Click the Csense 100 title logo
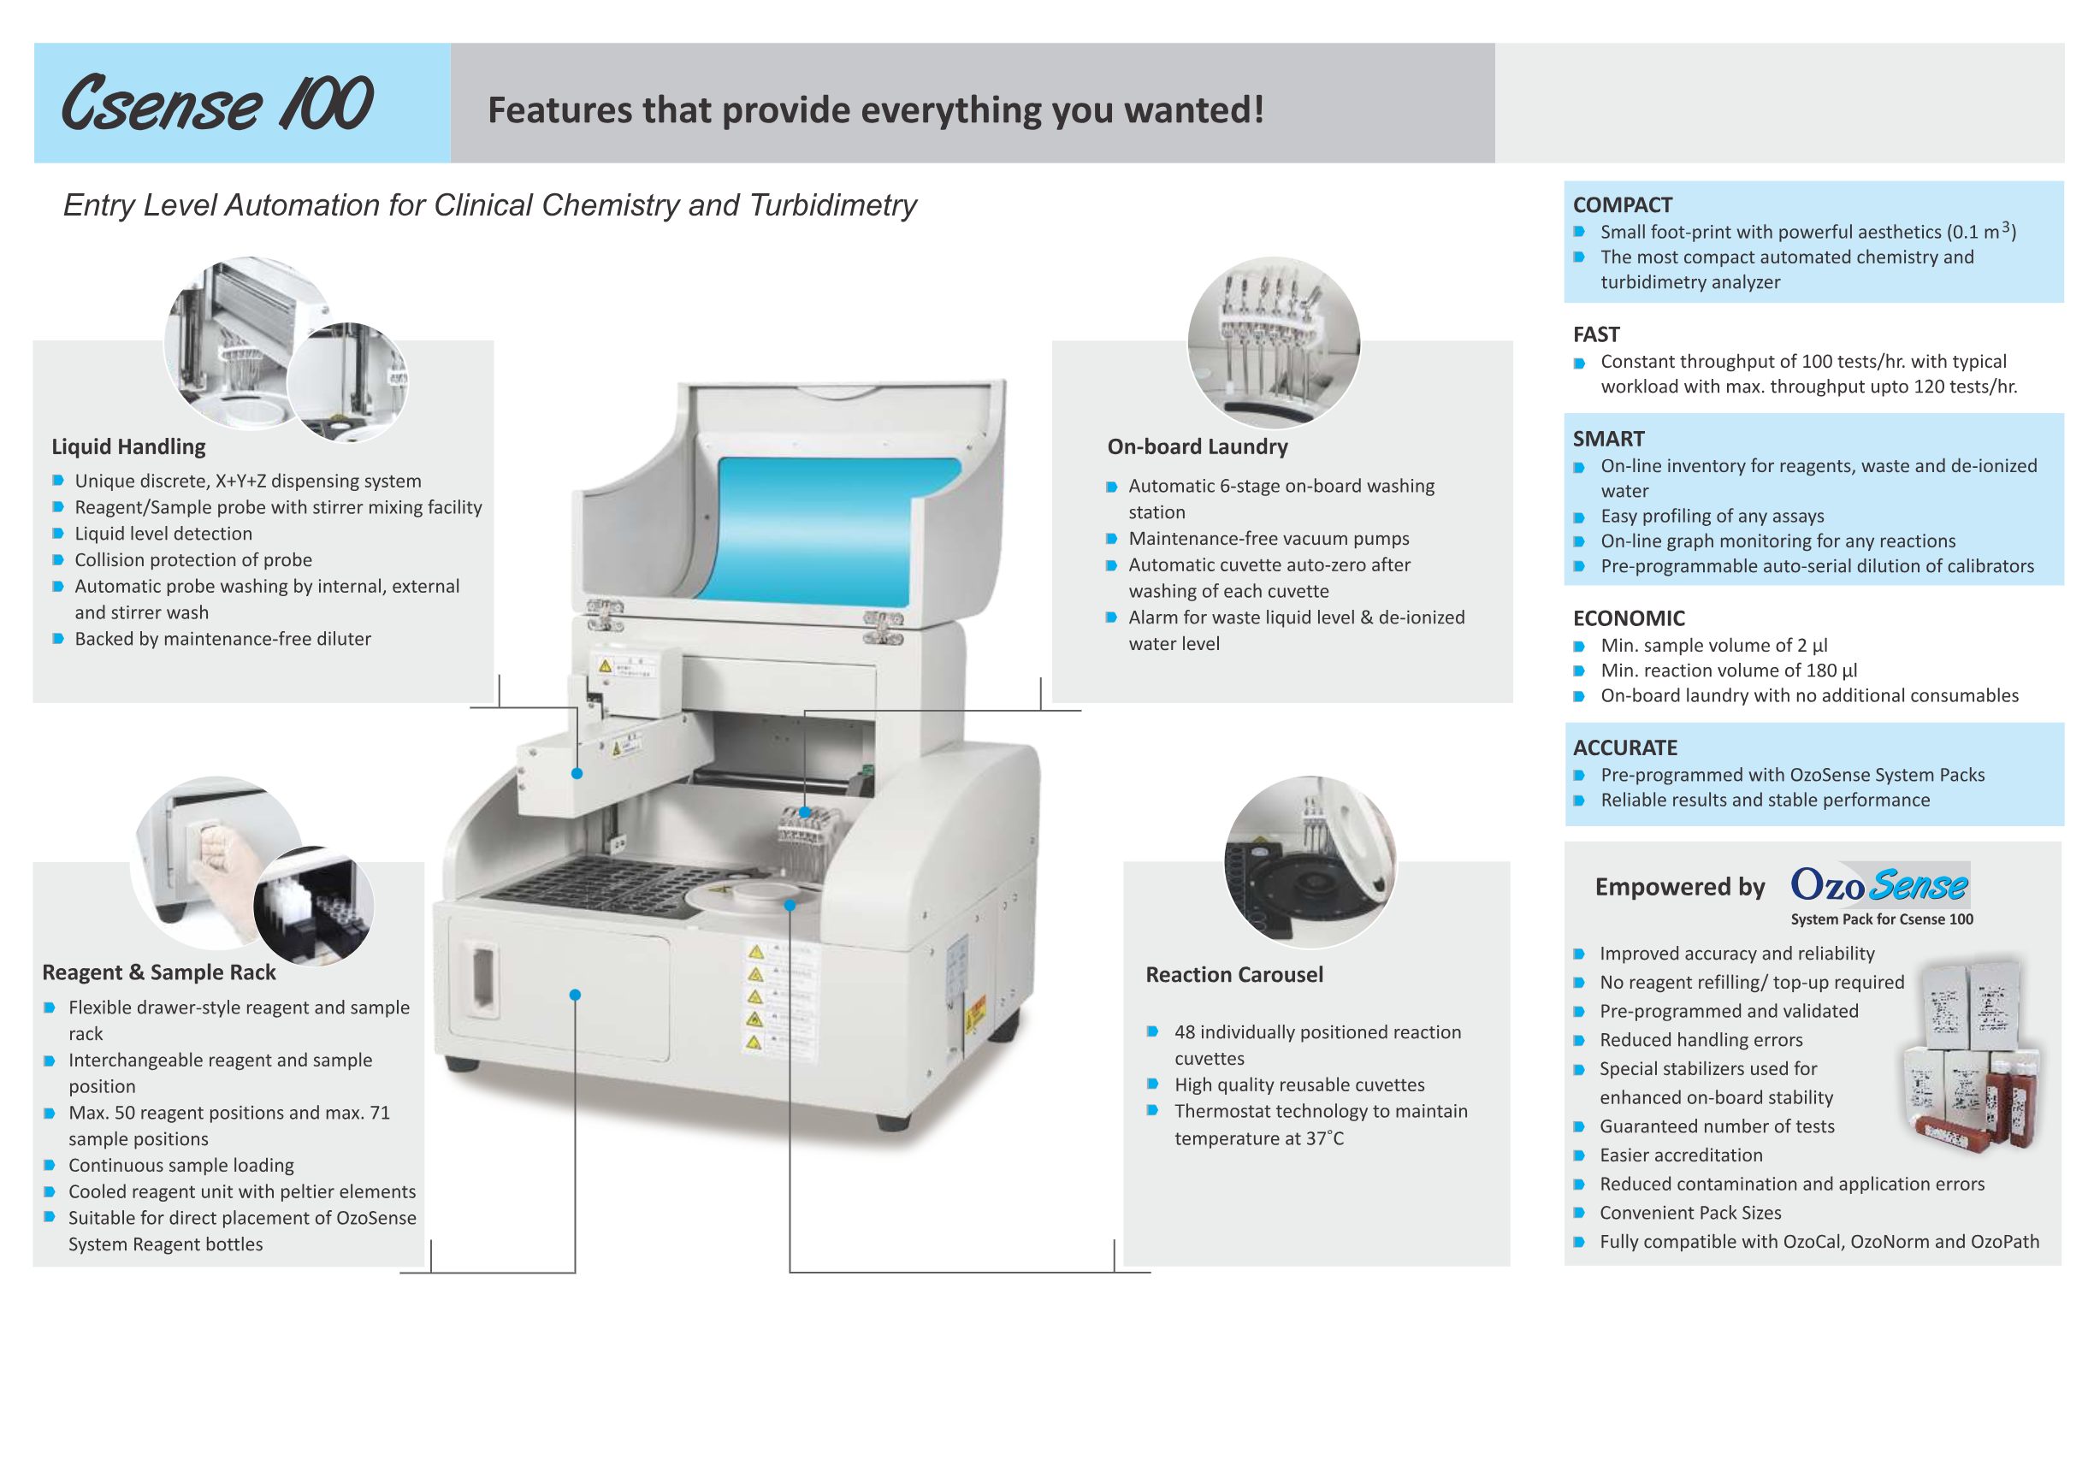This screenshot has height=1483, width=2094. (216, 103)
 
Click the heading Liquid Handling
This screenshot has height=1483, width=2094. (129, 446)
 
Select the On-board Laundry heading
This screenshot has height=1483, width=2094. (1197, 446)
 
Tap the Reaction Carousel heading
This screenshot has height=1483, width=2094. (1233, 974)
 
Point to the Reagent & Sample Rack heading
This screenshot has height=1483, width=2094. (159, 972)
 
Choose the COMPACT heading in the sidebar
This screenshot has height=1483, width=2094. (1622, 204)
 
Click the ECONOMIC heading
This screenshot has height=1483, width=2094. (1629, 618)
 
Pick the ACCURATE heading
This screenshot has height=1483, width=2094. (1624, 747)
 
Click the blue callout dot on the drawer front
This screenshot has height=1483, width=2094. (576, 995)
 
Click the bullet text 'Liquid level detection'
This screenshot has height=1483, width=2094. (163, 534)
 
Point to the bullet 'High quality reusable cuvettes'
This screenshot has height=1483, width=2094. (1298, 1084)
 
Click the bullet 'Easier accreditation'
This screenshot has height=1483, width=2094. (1680, 1155)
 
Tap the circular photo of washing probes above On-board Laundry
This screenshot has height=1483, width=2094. (1273, 342)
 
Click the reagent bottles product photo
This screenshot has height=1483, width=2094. (1973, 1055)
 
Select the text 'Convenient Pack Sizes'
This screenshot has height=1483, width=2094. (1689, 1213)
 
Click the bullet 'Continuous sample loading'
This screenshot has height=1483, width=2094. (180, 1165)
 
